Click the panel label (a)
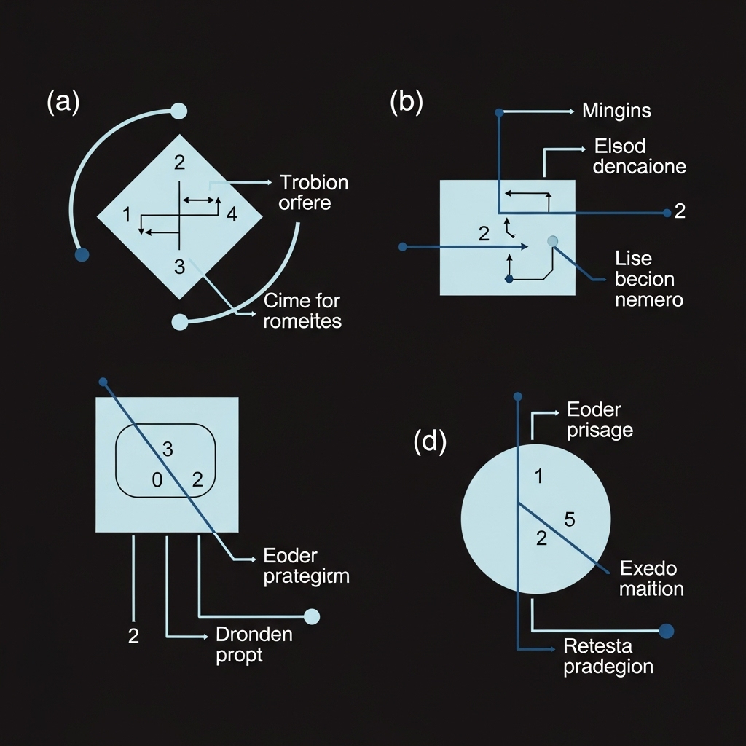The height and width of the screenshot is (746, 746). (x=63, y=102)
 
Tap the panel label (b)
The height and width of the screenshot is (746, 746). (x=406, y=102)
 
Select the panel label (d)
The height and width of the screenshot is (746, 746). (x=430, y=442)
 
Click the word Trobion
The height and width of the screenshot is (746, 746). (x=314, y=182)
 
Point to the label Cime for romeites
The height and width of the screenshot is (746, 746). (x=302, y=310)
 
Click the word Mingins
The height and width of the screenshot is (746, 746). (x=616, y=111)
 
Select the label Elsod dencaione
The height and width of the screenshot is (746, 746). (x=639, y=156)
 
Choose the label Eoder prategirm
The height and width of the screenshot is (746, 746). (x=305, y=567)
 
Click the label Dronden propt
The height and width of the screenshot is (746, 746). (x=254, y=644)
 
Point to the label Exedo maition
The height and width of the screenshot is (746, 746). (x=651, y=578)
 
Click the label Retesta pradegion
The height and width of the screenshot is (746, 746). (x=608, y=656)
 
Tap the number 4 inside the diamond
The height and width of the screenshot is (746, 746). (x=232, y=214)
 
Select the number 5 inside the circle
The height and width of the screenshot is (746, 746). (x=570, y=519)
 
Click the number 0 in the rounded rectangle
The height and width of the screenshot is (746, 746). (x=156, y=479)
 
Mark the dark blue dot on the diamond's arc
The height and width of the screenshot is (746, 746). (x=82, y=254)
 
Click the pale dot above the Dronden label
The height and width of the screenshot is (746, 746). (x=312, y=616)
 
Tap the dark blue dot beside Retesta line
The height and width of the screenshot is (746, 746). (x=666, y=631)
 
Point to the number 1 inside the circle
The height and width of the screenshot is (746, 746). (x=538, y=477)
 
